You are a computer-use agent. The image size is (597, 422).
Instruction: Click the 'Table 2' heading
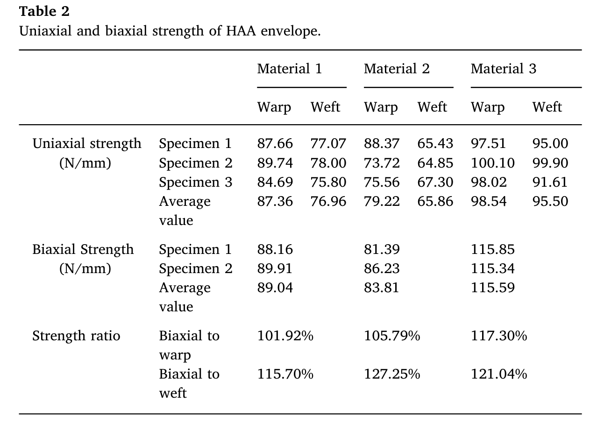44,11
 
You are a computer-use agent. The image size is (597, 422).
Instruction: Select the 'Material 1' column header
289,69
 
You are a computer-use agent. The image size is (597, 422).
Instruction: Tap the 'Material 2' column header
396,69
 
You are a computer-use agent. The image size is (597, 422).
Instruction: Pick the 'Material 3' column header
503,69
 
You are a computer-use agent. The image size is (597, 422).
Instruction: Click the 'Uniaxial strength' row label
86,144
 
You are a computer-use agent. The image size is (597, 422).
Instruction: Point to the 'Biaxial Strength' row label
83,250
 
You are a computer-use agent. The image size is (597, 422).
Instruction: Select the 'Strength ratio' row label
76,336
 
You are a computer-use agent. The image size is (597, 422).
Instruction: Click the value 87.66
275,144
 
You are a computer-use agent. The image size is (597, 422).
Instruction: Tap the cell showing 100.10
492,163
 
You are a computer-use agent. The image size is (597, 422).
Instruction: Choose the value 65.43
435,144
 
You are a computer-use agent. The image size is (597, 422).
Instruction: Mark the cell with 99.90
550,163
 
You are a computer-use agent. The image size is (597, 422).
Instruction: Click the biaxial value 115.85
492,250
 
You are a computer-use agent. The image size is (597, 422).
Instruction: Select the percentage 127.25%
391,374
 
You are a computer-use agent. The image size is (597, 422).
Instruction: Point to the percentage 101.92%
285,336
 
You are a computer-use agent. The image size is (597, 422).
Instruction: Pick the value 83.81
382,288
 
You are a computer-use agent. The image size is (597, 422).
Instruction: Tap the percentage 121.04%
498,374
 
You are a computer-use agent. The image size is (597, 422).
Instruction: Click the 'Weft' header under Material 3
547,107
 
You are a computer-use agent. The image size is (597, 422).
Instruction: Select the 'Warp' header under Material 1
274,107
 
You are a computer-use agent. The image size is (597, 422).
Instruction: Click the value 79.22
382,202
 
